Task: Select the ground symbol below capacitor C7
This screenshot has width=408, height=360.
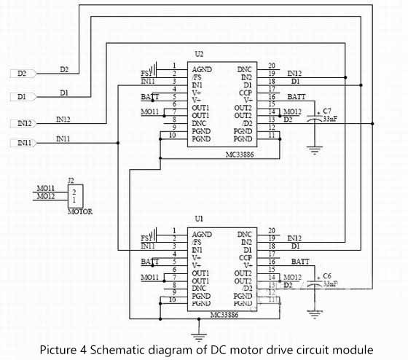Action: pos(315,151)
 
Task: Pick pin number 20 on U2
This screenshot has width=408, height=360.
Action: pos(271,66)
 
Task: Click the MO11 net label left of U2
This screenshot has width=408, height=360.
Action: pos(149,111)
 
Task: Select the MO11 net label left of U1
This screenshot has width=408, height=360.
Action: pos(149,278)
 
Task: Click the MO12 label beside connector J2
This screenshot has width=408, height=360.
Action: pos(45,196)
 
